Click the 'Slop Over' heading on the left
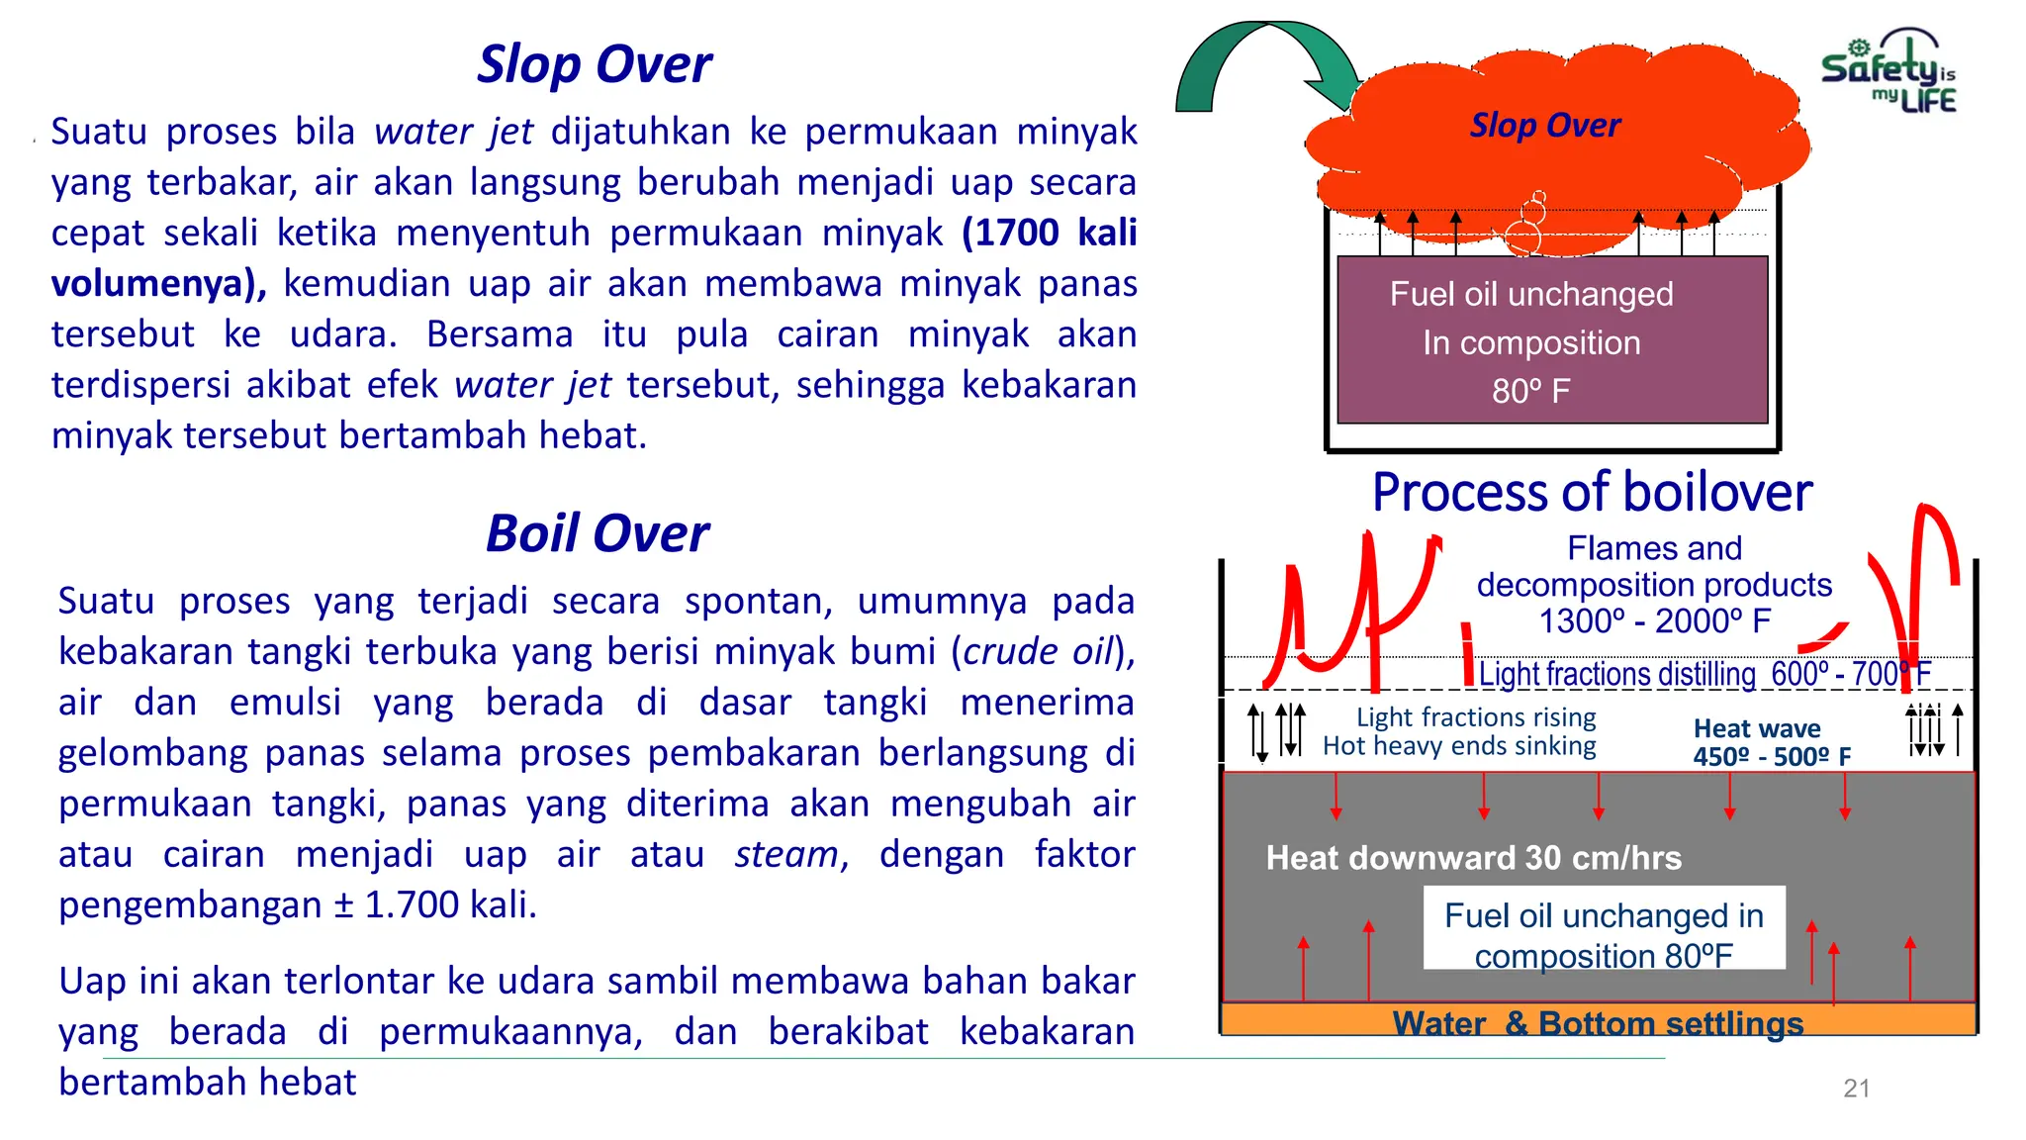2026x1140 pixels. tap(594, 64)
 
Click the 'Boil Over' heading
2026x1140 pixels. tap(597, 533)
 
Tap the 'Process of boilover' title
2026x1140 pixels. tap(1592, 492)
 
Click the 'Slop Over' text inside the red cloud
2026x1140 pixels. tap(1544, 126)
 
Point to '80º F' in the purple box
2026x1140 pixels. tap(1530, 391)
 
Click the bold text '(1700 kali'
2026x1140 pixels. tap(1049, 233)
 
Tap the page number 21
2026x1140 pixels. tap(1856, 1089)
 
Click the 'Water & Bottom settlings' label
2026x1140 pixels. tap(1598, 1022)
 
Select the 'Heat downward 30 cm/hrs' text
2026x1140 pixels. tap(1473, 858)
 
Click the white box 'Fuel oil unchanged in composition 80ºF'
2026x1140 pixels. tap(1604, 928)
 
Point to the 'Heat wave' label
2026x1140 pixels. tap(1756, 728)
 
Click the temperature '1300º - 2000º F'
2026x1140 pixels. tap(1654, 621)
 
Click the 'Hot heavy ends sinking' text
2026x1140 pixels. tap(1459, 746)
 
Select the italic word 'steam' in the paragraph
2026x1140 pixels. tap(785, 854)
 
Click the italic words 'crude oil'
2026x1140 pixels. tap(1038, 651)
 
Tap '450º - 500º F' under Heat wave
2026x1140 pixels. tap(1771, 757)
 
